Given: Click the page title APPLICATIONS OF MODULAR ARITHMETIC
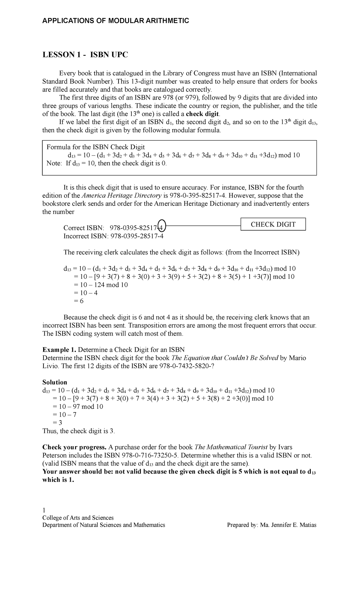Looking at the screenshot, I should tap(115, 21).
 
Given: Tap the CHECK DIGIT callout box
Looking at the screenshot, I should tap(273, 224).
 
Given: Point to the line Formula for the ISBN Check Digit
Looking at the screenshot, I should tap(96, 147).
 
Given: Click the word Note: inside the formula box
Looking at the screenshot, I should tap(54, 163).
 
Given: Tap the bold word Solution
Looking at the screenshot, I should tap(55, 382).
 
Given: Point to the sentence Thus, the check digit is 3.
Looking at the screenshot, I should tap(79, 431).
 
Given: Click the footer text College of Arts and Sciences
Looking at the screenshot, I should tap(78, 518).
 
